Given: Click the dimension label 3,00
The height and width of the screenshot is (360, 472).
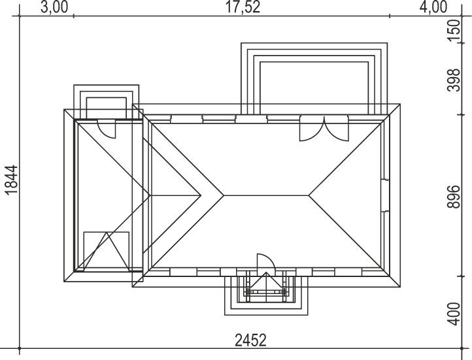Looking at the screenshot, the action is [54, 7].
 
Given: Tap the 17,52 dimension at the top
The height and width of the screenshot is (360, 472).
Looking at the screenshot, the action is [243, 7].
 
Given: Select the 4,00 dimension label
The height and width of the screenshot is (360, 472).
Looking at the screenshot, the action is [433, 7].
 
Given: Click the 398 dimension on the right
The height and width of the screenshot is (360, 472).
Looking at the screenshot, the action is [454, 80].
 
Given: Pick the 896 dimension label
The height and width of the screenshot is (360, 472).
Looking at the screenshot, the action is [454, 197].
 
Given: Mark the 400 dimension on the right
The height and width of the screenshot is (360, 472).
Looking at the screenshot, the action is [454, 314].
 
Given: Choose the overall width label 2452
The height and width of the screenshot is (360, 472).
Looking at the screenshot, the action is [250, 340].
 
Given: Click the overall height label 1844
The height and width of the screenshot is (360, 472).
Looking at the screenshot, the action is [11, 180].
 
